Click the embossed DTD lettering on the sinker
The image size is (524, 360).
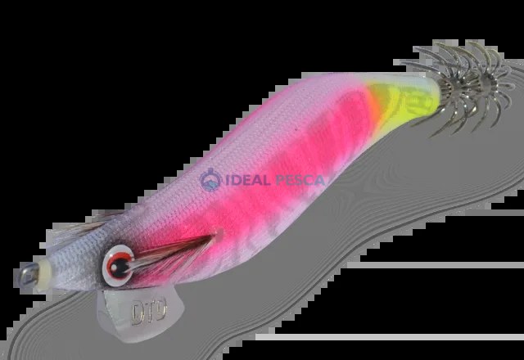coord(149,312)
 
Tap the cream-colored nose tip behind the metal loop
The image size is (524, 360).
coord(44,275)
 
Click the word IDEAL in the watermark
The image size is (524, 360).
coord(248,180)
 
